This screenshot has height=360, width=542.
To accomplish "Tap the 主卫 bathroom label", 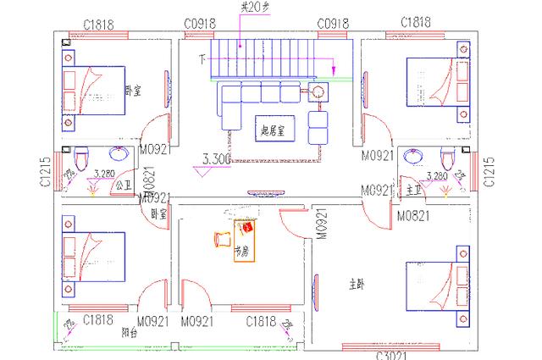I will pos(413,189).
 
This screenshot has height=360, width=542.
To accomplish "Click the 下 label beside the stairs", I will pos(202,59).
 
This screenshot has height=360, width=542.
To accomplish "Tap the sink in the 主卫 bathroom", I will pos(415,156).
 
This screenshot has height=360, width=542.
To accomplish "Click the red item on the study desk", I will pos(248,227).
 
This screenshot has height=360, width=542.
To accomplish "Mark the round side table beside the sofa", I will pos(318,93).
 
